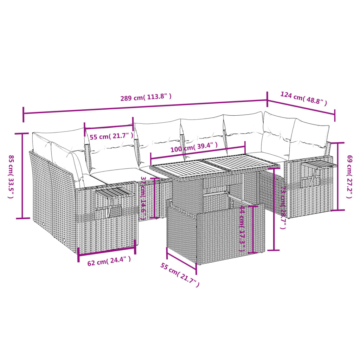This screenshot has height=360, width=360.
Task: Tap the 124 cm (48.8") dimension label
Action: pos(303,98)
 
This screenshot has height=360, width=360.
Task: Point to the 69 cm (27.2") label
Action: pos(349,176)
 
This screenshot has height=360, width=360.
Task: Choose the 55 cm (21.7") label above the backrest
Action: pos(111,136)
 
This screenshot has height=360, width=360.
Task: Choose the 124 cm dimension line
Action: pos(301,107)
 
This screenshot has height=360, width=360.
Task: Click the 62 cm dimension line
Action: pos(106,250)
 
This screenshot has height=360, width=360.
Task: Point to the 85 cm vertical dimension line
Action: pos(23,176)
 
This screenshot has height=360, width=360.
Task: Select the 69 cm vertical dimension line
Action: pos(339,176)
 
